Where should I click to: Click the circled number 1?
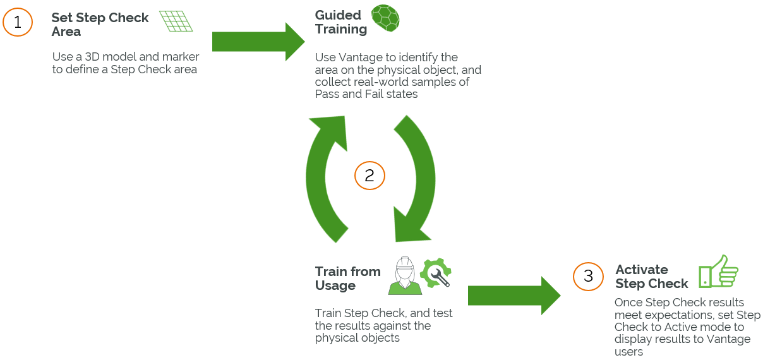18,22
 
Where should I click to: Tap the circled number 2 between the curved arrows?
369,176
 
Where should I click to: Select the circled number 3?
588,276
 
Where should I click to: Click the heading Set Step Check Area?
99,25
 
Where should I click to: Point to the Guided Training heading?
340,22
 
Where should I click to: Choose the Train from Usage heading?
347,279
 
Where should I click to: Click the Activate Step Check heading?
651,277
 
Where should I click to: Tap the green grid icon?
176,21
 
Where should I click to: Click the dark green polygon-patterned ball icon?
385,18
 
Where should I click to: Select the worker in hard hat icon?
405,276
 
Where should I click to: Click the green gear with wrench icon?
435,273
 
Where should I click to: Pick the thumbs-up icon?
718,272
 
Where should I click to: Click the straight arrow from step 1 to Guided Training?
258,42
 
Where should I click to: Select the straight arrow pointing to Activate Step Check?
514,295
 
